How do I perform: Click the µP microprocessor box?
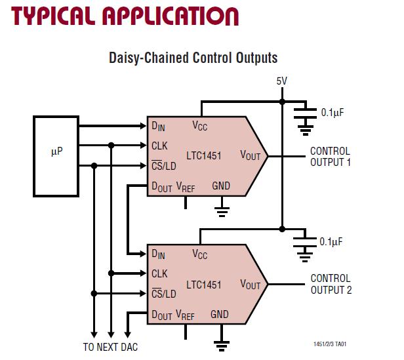pos(55,155)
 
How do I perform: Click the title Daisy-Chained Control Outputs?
pos(193,58)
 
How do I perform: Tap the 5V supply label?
pos(281,81)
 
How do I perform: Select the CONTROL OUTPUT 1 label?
pos(330,156)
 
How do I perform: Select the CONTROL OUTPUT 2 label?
pos(330,283)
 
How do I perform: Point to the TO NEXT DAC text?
pos(110,347)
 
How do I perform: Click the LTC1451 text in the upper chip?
pos(203,156)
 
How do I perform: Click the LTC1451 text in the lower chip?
pos(203,285)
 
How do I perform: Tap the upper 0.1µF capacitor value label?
pos(333,113)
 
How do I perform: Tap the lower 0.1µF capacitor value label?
pos(333,241)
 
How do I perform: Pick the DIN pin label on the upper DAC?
pos(158,125)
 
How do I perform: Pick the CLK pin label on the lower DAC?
pos(159,273)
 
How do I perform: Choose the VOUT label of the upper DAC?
pos(250,156)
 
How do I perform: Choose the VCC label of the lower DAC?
pos(199,254)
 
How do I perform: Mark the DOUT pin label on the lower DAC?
pos(161,315)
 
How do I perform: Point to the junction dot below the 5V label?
pos(281,102)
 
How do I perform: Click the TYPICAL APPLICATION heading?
pos(120,15)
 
